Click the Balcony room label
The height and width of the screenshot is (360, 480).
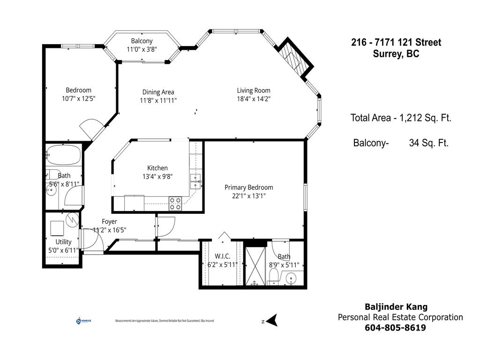tap(142, 41)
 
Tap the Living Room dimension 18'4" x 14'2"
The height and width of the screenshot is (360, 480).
tap(253, 99)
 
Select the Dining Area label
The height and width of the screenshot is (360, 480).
tap(158, 92)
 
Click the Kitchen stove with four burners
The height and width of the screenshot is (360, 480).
tap(175, 203)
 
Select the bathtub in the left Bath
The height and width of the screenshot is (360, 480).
tap(64, 154)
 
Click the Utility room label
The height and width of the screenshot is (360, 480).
tap(63, 242)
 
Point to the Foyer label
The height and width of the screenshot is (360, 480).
tap(109, 222)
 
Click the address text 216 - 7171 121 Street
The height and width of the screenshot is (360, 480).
tap(396, 43)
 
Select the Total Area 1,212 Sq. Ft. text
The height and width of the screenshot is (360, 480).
tap(401, 118)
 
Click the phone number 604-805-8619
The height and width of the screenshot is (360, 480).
tap(395, 328)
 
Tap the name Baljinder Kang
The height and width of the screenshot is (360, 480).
tap(396, 307)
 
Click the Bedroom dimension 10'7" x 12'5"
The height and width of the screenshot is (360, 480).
tap(78, 99)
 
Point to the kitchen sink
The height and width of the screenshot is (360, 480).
tap(195, 178)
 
